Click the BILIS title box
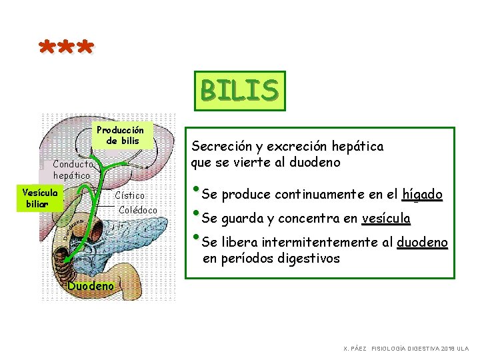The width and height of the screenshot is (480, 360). click(x=239, y=91)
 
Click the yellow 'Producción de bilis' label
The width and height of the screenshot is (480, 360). click(x=121, y=135)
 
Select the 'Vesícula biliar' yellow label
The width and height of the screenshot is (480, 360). click(x=40, y=197)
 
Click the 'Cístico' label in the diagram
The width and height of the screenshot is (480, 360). click(x=129, y=196)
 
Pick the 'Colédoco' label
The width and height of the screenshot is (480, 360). click(x=138, y=210)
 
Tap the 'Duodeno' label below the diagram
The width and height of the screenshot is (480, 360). click(x=91, y=287)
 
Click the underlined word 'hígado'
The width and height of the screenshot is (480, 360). click(x=422, y=195)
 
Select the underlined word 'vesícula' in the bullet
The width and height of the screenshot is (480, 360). click(x=386, y=219)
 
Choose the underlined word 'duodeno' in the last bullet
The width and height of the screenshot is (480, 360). click(x=422, y=243)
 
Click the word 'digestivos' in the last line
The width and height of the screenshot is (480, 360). click(x=309, y=259)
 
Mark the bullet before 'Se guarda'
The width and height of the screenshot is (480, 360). click(x=196, y=215)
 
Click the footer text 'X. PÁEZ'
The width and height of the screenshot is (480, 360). click(x=355, y=349)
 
